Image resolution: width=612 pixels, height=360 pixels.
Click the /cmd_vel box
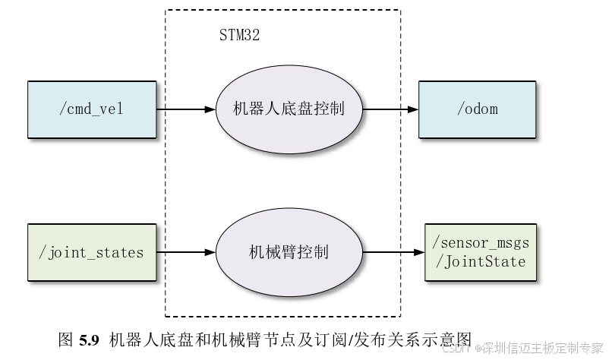[x=91, y=109]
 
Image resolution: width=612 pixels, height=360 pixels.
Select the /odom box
[x=478, y=109]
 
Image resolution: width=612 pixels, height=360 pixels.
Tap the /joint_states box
[x=91, y=252]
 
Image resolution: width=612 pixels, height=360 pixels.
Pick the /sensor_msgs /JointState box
[x=480, y=252]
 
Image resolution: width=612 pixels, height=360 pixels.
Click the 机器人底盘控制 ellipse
[x=289, y=109]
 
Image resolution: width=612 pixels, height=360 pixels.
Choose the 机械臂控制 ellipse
[x=289, y=252]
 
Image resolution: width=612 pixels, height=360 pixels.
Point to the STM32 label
[x=239, y=36]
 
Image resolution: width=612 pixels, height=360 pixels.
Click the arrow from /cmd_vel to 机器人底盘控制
[x=186, y=109]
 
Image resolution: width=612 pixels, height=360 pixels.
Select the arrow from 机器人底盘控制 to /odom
[x=390, y=109]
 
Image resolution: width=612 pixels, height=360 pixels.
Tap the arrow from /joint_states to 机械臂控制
[x=186, y=252]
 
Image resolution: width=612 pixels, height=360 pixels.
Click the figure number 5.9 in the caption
[x=90, y=339]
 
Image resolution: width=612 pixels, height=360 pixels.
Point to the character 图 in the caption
[x=65, y=339]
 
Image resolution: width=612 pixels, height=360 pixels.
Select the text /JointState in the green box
[x=479, y=261]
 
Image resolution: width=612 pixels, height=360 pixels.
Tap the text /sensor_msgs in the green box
[x=480, y=244]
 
